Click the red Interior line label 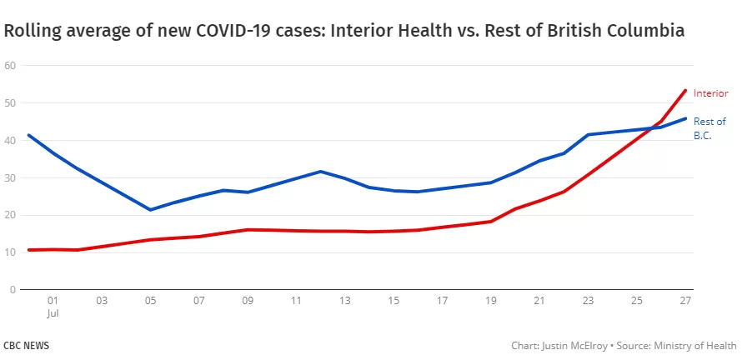pyautogui.click(x=710, y=93)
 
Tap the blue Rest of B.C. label pyautogui.click(x=709, y=128)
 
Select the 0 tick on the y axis pyautogui.click(x=13, y=289)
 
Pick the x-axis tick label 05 pyautogui.click(x=150, y=300)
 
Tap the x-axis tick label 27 pyautogui.click(x=685, y=300)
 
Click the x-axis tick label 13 pyautogui.click(x=345, y=300)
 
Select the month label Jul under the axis pyautogui.click(x=53, y=313)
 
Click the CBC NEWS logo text pyautogui.click(x=26, y=346)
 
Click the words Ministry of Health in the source pyautogui.click(x=695, y=346)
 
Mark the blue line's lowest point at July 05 pyautogui.click(x=150, y=209)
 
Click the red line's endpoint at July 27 pyautogui.click(x=684, y=90)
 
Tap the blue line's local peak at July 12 pyautogui.click(x=321, y=171)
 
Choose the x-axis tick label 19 pyautogui.click(x=491, y=300)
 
